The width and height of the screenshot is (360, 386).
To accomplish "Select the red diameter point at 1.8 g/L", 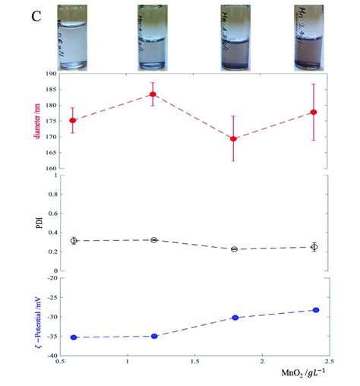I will tap(234, 139).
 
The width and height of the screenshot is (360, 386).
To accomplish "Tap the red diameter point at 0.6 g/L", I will tap(73, 121).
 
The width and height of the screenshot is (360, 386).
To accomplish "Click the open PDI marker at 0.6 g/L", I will tap(73, 241).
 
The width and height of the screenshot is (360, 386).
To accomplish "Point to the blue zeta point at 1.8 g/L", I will tap(235, 318).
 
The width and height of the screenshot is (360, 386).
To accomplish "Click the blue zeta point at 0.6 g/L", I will tap(73, 337).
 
